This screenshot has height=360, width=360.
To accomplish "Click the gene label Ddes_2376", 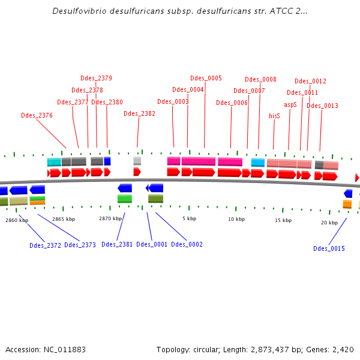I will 37,115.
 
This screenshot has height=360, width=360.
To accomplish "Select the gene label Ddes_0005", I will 206,78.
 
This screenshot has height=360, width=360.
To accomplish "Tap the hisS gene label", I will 274,116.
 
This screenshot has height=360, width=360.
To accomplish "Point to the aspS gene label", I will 290,104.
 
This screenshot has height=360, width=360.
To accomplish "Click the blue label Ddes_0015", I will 329,248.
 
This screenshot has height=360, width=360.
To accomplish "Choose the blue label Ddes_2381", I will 117,244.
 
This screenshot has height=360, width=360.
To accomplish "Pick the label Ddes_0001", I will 152,244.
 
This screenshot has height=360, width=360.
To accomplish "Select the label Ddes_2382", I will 139,113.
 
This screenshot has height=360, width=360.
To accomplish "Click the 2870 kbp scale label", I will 110,219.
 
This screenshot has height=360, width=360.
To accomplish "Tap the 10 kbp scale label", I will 236,219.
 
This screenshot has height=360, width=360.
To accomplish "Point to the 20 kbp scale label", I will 329,223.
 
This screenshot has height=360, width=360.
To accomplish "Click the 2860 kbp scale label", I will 17,220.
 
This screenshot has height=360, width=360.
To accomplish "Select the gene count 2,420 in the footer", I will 342,349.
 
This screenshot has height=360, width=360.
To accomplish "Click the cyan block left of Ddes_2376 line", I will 54,162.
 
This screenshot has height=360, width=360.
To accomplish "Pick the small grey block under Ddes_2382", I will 137,161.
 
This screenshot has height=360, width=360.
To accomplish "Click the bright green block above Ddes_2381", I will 125,199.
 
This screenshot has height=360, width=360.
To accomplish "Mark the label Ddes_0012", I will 310,81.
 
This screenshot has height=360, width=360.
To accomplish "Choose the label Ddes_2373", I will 80,244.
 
